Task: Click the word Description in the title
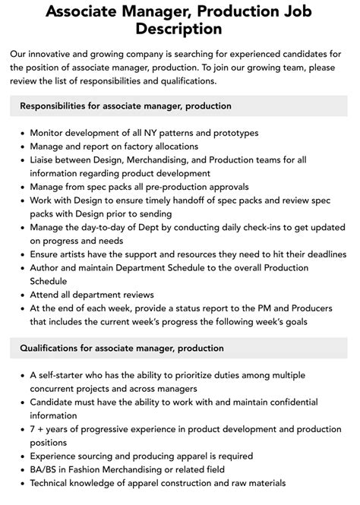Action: click(x=179, y=29)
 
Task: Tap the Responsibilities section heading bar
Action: click(x=179, y=106)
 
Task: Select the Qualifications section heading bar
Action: click(x=179, y=348)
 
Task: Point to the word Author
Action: click(x=46, y=267)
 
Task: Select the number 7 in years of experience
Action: click(x=33, y=429)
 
